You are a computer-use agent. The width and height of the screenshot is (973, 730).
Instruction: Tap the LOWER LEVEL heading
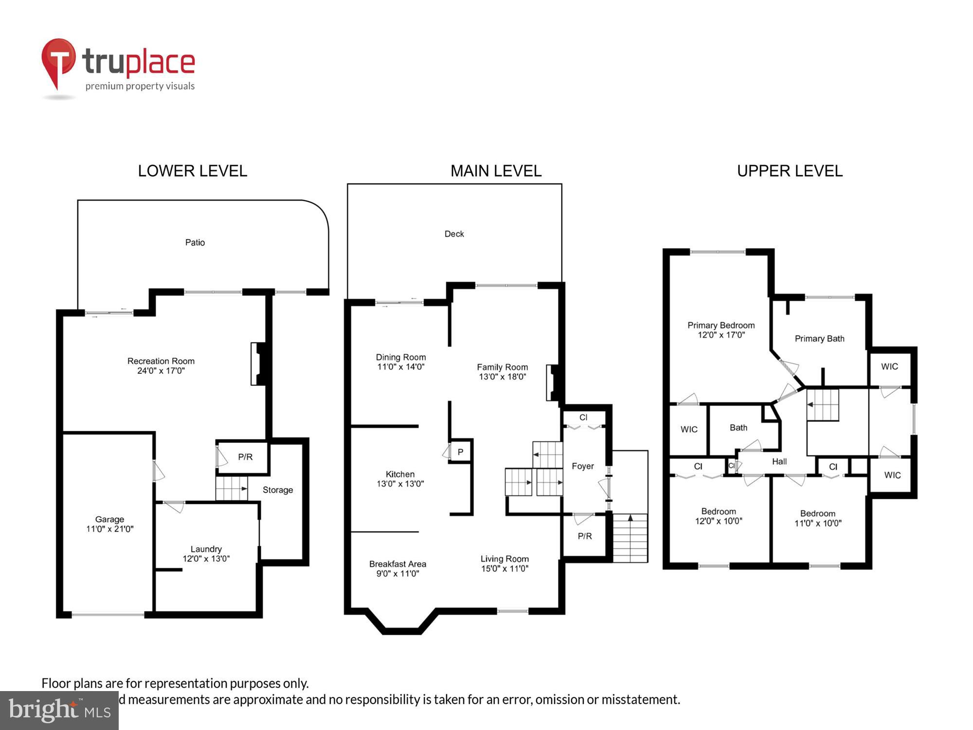(x=192, y=171)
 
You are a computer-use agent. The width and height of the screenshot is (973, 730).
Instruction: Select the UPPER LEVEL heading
(x=789, y=171)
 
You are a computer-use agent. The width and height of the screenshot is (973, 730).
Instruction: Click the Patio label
(x=195, y=242)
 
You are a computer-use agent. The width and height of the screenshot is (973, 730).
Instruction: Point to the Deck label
(x=454, y=234)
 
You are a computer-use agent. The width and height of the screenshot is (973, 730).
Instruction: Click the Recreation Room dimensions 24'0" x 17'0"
(x=161, y=371)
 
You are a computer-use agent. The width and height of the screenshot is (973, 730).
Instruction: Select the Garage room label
(x=109, y=519)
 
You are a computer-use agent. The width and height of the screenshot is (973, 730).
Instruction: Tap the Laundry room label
(x=206, y=549)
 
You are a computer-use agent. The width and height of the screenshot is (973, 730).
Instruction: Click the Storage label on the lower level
(x=277, y=490)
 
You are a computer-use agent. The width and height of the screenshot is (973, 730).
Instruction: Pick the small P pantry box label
(x=460, y=452)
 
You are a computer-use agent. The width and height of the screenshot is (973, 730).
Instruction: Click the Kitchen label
(x=400, y=474)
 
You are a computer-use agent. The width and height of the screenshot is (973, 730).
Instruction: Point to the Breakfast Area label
(x=397, y=564)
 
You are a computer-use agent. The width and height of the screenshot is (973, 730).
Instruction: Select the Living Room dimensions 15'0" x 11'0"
(x=505, y=568)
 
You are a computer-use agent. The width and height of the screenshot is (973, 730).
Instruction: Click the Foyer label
(x=582, y=466)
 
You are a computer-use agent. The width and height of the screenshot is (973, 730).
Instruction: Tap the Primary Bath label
(x=819, y=339)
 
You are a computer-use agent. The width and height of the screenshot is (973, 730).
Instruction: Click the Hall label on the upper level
(x=779, y=461)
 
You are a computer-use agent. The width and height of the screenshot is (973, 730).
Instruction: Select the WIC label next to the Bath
(x=688, y=429)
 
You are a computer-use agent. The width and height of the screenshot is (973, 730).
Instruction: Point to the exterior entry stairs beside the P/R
(x=630, y=538)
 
